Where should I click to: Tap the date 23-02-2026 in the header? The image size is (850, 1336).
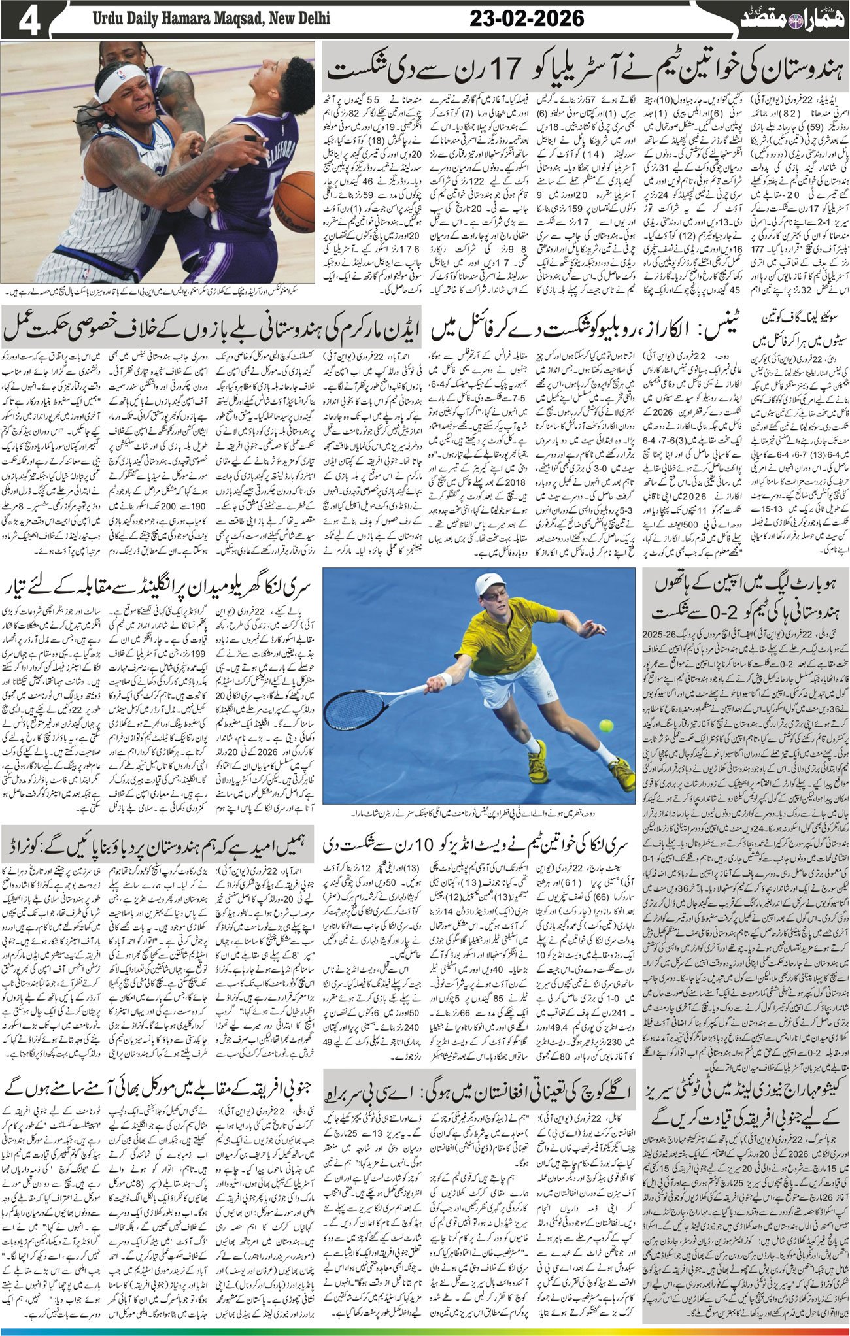527,20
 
